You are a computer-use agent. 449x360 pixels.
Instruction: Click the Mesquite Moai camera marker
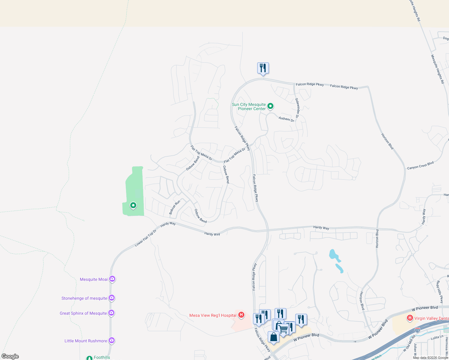point(112,279)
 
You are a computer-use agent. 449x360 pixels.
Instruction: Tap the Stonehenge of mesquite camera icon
point(112,298)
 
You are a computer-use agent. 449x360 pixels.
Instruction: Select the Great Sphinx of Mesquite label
point(83,313)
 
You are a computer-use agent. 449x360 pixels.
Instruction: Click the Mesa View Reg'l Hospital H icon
point(241,315)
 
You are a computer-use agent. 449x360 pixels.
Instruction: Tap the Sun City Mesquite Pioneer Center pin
point(270,106)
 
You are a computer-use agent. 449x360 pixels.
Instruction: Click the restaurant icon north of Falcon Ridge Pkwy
point(263,68)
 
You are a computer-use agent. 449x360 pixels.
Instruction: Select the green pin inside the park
point(133,205)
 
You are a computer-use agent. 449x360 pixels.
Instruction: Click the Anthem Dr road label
point(286,119)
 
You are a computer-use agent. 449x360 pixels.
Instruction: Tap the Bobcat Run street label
point(174,207)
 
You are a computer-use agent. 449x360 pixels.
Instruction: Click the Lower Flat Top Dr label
point(146,238)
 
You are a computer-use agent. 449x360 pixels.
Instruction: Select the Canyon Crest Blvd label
point(420,166)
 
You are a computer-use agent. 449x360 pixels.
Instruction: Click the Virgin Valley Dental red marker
point(410,318)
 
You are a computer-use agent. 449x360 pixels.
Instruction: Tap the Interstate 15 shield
point(417,330)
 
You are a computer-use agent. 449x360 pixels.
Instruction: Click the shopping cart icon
point(284,329)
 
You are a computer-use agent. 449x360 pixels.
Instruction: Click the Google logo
point(10,356)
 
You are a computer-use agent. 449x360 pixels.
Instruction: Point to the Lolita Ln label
point(437,337)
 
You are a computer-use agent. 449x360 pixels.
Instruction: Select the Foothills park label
point(102,357)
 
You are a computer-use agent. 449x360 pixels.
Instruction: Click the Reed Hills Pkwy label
point(439,292)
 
